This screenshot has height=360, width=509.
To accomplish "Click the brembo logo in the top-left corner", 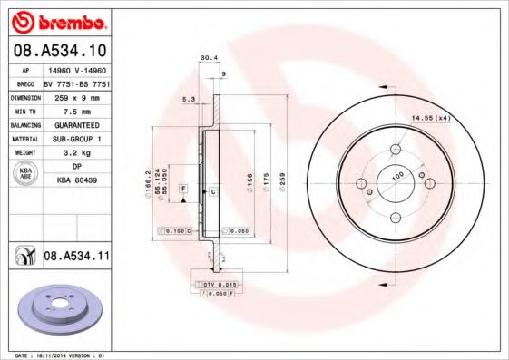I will (x=57, y=20).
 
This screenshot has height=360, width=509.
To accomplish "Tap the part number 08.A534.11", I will (x=76, y=258).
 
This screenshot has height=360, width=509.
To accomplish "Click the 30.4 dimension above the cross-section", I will (x=207, y=58).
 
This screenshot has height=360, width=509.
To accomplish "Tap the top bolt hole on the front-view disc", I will (x=397, y=149).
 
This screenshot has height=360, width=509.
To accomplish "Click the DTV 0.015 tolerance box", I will (x=218, y=286).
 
